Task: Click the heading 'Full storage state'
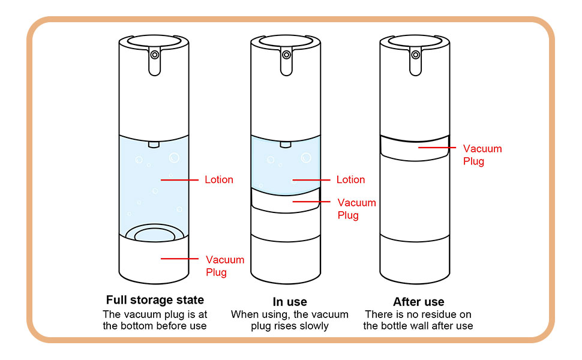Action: click(155, 300)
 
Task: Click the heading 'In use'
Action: click(289, 302)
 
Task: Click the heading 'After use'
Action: click(418, 302)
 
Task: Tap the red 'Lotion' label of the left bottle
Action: click(219, 179)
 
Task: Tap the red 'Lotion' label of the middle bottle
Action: click(350, 179)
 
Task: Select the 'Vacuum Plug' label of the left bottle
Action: click(225, 266)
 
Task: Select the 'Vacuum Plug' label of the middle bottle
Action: click(356, 209)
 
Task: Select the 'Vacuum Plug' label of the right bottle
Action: click(482, 154)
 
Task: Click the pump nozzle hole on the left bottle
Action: click(155, 55)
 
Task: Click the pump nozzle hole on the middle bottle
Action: click(286, 55)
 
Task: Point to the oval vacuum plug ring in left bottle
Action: click(155, 234)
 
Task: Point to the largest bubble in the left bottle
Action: click(174, 158)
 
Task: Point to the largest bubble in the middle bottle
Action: click(305, 158)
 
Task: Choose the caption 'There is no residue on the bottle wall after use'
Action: click(418, 320)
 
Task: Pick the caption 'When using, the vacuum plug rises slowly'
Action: click(289, 320)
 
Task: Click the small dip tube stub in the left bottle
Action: click(155, 144)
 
